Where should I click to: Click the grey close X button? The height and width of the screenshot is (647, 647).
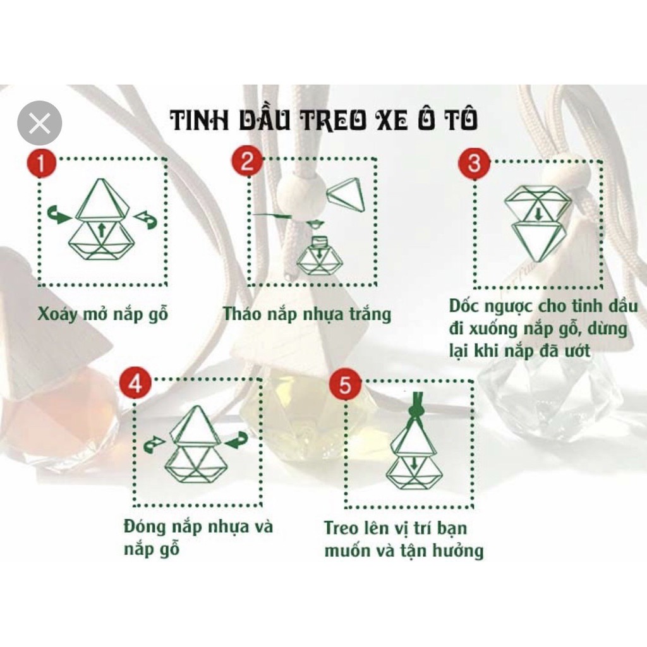[x=40, y=123]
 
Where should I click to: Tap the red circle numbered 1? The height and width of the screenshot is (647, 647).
[x=42, y=165]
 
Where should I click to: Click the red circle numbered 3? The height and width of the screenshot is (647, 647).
[x=474, y=162]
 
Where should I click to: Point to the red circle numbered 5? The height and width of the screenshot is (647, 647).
[x=345, y=386]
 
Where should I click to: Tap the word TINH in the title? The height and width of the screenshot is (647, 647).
[x=197, y=121]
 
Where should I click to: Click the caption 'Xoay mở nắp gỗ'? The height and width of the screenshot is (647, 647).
[x=103, y=314]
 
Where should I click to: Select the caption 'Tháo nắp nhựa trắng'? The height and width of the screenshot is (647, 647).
[x=307, y=314]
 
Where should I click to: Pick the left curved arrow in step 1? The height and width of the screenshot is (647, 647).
[x=59, y=216]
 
